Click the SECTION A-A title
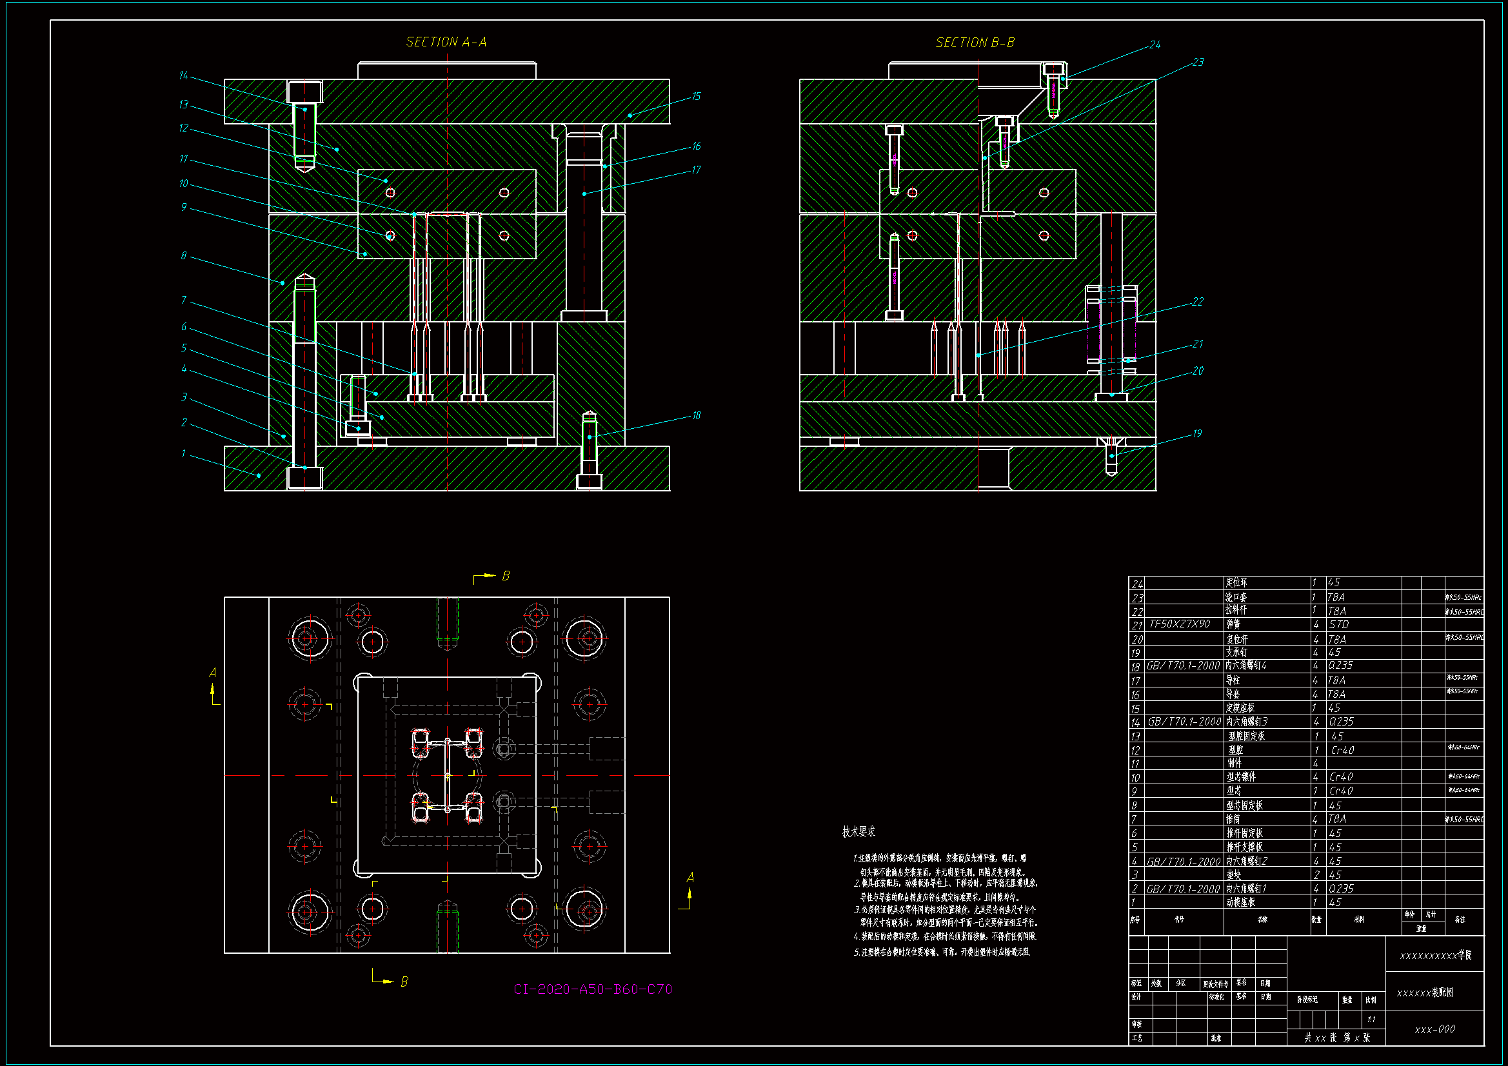tap(446, 43)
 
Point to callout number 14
tap(183, 76)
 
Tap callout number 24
tap(1155, 45)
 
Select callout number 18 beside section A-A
tap(696, 416)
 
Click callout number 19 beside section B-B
tap(1196, 434)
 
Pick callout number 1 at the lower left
tap(183, 454)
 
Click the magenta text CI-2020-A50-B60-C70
tap(592, 989)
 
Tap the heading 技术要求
tap(858, 832)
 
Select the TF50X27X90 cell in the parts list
tap(1180, 624)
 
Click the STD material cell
tap(1338, 625)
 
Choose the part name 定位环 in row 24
tap(1236, 582)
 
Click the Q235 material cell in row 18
tap(1340, 666)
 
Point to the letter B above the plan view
tap(506, 576)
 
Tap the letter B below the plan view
tap(404, 982)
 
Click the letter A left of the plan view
tap(212, 673)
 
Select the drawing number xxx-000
tap(1434, 1029)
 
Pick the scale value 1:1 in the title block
tap(1371, 1020)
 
